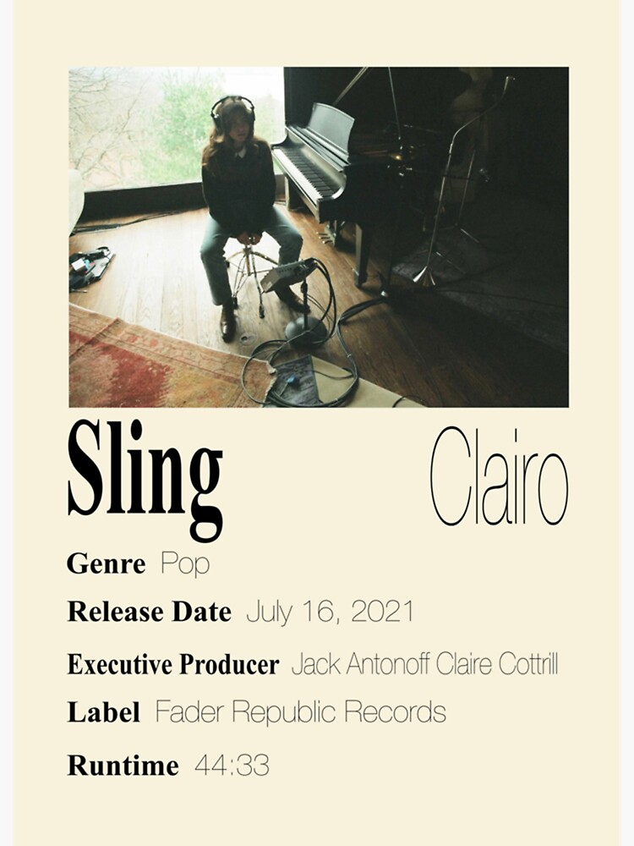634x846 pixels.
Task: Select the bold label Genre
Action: tap(106, 564)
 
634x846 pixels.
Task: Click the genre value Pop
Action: tap(184, 564)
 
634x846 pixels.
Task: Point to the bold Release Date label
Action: tap(149, 612)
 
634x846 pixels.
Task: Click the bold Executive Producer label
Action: tap(172, 665)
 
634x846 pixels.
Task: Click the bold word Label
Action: tap(103, 712)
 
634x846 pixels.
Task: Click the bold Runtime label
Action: tap(123, 766)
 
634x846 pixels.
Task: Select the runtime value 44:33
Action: tap(232, 766)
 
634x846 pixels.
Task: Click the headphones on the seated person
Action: tap(232, 107)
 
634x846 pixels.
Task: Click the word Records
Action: tap(396, 712)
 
